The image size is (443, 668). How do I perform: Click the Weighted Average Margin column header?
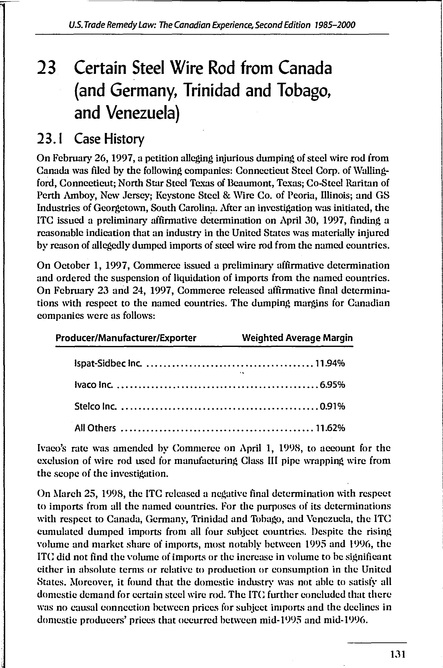(297, 338)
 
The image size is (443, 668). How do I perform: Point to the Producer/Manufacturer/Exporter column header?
(126, 338)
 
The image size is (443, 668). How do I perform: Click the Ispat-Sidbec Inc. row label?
(108, 363)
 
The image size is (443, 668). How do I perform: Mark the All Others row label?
(95, 428)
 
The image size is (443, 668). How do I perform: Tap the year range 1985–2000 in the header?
(334, 25)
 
